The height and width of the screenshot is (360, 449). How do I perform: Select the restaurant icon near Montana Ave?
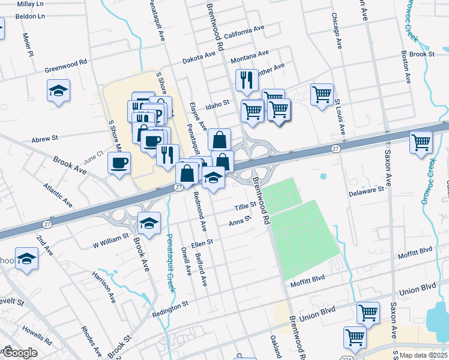coord(247,80)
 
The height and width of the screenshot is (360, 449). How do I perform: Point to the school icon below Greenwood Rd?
coord(58,91)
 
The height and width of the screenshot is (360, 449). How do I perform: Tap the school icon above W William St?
coord(149,224)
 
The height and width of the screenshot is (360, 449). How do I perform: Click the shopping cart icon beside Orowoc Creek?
coord(421,143)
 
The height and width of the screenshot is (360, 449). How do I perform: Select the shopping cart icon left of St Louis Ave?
coord(322,94)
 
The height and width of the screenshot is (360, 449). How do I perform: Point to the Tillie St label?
coord(245,206)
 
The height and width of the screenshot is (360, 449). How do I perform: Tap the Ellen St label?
coord(202,243)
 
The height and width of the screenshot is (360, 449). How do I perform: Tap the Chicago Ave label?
coord(339,33)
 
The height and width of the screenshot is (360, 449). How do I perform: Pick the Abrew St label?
coord(46,138)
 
